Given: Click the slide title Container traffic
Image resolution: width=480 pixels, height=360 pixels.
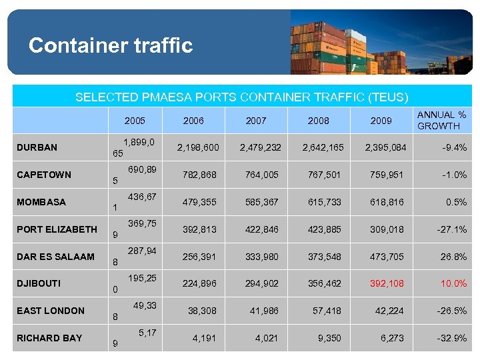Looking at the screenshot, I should [111, 45].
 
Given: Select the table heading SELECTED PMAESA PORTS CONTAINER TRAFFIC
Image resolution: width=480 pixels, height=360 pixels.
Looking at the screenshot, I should [241, 97].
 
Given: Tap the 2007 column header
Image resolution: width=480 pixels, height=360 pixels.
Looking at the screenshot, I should [256, 121].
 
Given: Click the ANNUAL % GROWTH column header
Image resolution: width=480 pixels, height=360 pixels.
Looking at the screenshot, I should [441, 121].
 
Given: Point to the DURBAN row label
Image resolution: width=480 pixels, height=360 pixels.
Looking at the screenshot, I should [37, 147].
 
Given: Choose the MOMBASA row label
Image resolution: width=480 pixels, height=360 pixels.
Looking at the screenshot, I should [41, 202].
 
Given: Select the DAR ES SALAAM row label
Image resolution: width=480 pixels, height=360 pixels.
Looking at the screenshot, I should [55, 257].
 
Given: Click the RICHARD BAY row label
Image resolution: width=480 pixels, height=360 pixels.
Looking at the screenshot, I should [49, 338].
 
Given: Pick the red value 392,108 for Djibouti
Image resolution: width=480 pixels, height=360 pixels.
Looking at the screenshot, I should [387, 283].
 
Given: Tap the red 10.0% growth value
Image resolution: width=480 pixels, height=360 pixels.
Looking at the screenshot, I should [453, 283].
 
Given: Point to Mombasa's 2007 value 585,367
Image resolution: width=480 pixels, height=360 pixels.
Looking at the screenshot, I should [256, 202].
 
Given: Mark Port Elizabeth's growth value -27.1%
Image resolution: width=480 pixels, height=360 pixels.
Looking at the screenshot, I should [451, 229].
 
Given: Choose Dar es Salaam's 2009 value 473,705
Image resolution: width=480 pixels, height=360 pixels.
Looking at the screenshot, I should [387, 257].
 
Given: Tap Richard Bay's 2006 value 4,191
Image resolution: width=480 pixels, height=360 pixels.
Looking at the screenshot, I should [204, 338].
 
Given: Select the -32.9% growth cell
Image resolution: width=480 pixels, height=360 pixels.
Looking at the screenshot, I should [451, 338].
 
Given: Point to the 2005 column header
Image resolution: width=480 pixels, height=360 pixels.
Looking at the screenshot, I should [135, 121].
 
